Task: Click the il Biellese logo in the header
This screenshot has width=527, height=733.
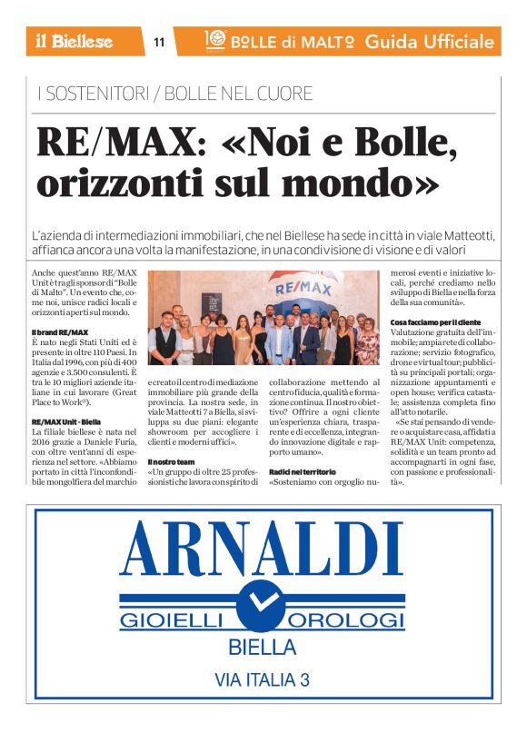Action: (x=75, y=41)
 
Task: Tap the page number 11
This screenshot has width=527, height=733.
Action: (x=159, y=42)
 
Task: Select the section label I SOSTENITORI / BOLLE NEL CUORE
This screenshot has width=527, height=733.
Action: (x=174, y=93)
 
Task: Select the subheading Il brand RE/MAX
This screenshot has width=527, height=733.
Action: (x=60, y=332)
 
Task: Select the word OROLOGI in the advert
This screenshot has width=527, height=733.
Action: (x=349, y=620)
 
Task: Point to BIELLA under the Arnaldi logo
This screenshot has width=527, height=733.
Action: (x=263, y=649)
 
